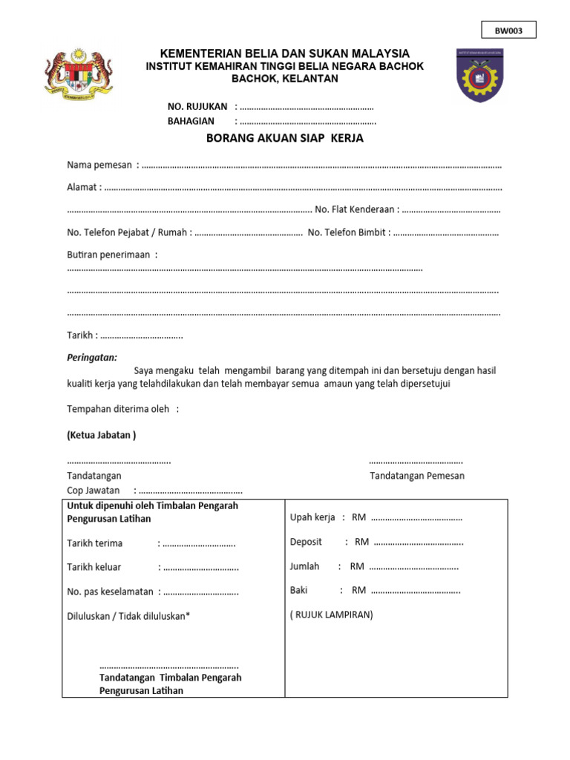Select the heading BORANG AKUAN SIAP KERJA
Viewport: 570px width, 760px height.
coord(285,139)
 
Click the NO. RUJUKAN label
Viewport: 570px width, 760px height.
coord(197,107)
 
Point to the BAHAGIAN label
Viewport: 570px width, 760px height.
coord(191,121)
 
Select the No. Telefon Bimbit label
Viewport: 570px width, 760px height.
coord(347,233)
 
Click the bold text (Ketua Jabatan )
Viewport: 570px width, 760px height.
coord(102,435)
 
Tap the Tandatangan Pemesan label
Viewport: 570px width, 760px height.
coord(417,476)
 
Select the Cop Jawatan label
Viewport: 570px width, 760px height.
coord(94,491)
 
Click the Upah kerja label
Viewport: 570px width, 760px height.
coord(312,517)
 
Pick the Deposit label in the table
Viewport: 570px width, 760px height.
coord(306,542)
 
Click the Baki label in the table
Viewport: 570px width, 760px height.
coord(300,591)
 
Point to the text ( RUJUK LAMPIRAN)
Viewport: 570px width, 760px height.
coord(332,615)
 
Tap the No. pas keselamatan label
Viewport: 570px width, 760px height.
coord(110,592)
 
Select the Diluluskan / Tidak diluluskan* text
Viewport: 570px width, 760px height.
coord(128,616)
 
